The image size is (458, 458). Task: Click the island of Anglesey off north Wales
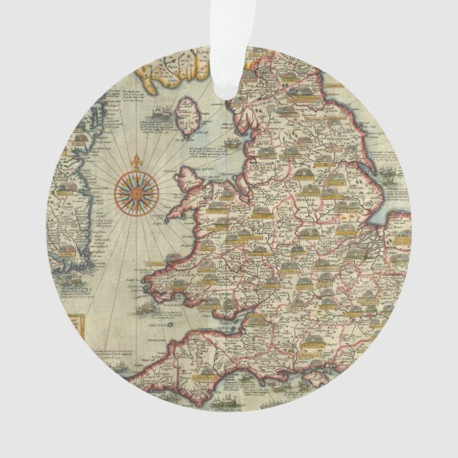(191, 177)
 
